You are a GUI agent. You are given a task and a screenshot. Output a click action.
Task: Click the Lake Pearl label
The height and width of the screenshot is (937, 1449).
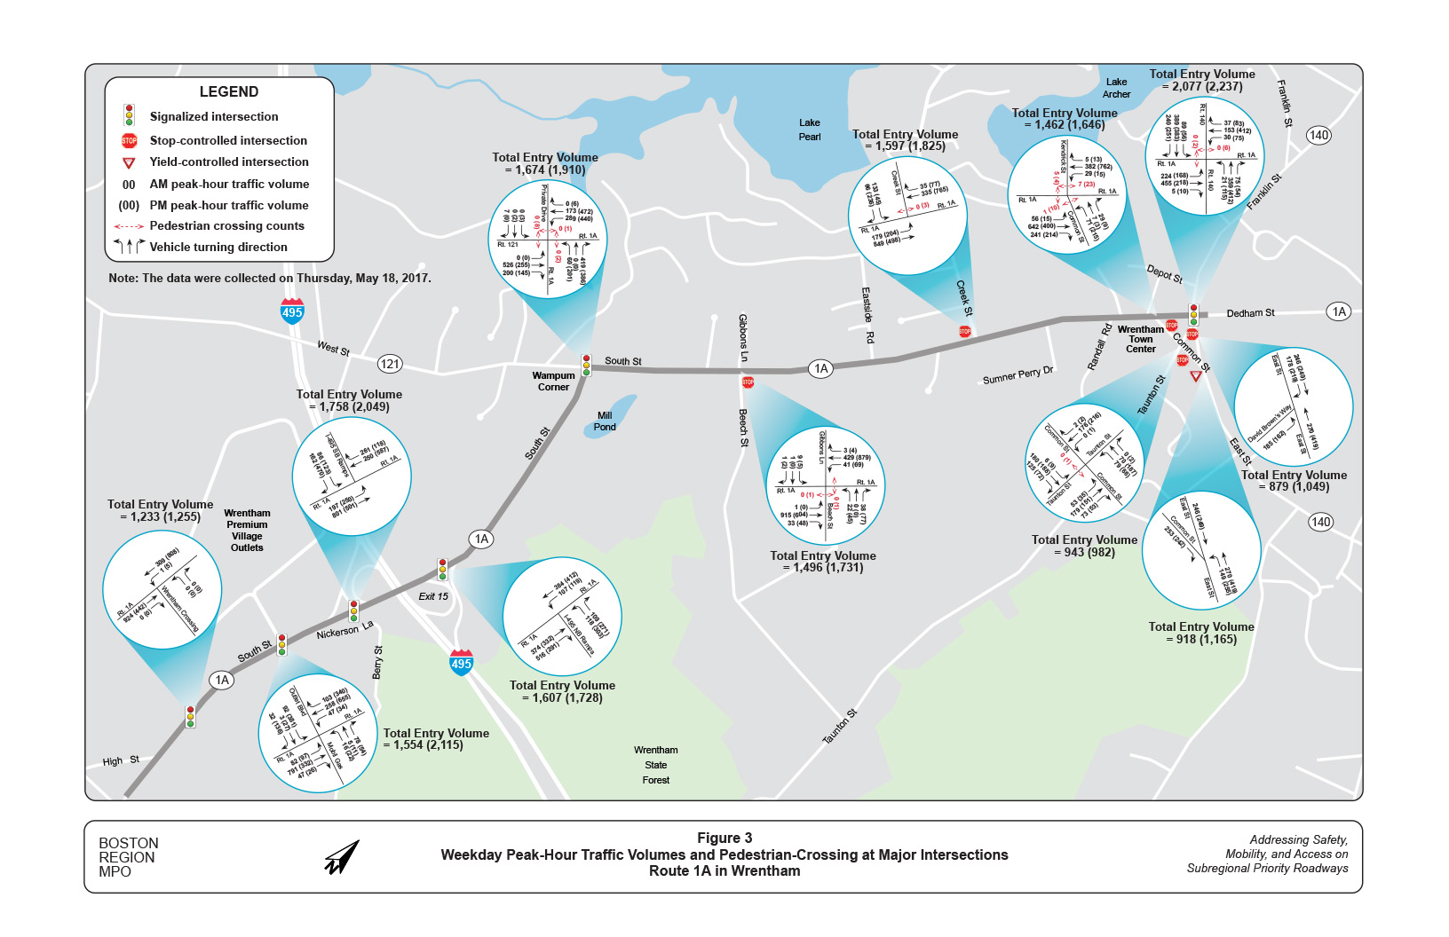809,130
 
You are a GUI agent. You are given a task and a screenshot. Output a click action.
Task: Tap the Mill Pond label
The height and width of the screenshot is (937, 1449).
605,421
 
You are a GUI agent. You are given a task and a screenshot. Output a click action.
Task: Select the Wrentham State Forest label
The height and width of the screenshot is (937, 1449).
656,765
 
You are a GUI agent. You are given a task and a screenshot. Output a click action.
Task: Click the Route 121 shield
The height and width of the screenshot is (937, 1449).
390,364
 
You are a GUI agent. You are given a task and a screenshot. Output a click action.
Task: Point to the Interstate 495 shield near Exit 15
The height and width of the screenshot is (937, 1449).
461,662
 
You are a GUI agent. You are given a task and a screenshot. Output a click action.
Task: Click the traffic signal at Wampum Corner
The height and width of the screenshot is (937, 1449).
586,365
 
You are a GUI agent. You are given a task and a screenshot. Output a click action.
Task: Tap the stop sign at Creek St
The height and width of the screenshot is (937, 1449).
965,332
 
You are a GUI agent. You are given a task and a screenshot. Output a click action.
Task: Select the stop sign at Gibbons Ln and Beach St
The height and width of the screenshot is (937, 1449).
748,382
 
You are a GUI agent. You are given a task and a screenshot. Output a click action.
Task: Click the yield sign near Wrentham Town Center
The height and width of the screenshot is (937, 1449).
1196,376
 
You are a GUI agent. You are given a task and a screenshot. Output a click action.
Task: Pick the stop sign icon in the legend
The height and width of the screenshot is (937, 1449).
129,140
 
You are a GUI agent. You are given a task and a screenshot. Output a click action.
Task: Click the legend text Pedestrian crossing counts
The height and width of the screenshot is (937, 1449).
226,226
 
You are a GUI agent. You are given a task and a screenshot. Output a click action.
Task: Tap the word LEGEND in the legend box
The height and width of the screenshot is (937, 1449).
229,92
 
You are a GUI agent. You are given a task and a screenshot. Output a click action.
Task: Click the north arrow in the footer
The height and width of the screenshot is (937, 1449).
342,857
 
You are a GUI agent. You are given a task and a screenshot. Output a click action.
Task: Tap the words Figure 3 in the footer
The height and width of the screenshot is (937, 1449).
724,839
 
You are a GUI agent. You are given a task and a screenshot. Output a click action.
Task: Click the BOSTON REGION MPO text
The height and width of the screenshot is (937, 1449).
128,857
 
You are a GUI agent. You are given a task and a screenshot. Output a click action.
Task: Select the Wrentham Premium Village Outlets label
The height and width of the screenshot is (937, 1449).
247,531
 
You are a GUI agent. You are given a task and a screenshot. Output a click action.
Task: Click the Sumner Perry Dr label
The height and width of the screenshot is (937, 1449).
1017,375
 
